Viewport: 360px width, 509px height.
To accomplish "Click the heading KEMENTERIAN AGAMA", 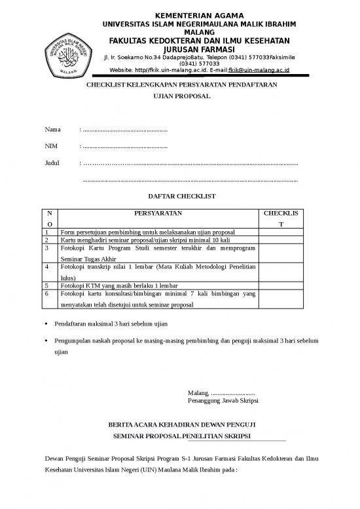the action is pyautogui.click(x=198, y=15).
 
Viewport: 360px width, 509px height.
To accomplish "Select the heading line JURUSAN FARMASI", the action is pyautogui.click(x=197, y=49).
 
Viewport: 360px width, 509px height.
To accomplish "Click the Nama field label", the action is pyautogui.click(x=52, y=129).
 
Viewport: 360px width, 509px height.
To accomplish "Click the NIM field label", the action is pyautogui.click(x=50, y=146).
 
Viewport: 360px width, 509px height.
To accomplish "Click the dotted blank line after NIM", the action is pyautogui.click(x=125, y=146).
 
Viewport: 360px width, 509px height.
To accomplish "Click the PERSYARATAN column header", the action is pyautogui.click(x=158, y=213).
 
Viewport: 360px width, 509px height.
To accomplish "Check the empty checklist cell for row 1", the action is pyautogui.click(x=281, y=232).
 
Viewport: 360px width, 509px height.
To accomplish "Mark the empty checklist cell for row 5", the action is pyautogui.click(x=281, y=286).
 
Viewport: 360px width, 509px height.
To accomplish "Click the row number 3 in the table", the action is pyautogui.click(x=47, y=249).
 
